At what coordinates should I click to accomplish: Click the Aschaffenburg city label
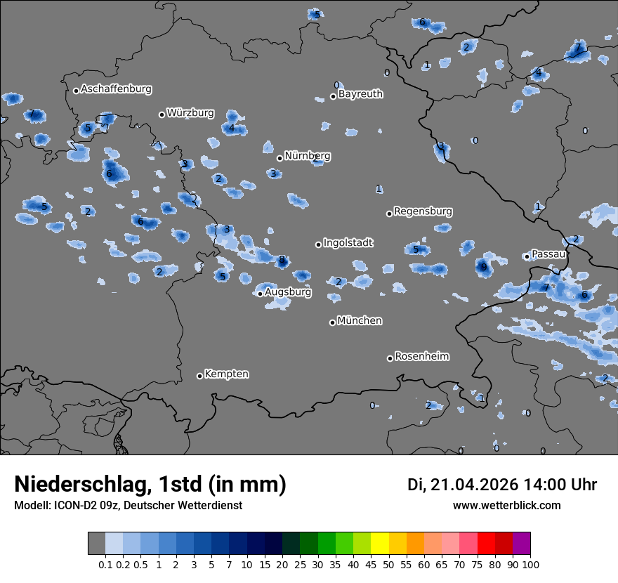pyautogui.click(x=116, y=89)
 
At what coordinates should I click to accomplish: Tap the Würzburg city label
pyautogui.click(x=190, y=112)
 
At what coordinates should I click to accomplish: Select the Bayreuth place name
pyautogui.click(x=360, y=93)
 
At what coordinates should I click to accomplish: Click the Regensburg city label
pyautogui.click(x=423, y=211)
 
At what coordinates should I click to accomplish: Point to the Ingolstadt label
pyautogui.click(x=348, y=243)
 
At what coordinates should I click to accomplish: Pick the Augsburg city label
pyautogui.click(x=287, y=291)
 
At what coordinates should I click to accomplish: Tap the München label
pyautogui.click(x=360, y=321)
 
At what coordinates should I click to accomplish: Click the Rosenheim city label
pyautogui.click(x=421, y=356)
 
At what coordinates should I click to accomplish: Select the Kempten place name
pyautogui.click(x=226, y=374)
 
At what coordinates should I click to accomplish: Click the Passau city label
pyautogui.click(x=548, y=254)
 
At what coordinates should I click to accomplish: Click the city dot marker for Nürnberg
pyautogui.click(x=280, y=158)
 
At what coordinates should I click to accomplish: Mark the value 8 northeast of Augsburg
pyautogui.click(x=282, y=260)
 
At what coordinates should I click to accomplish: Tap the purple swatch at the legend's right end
pyautogui.click(x=521, y=544)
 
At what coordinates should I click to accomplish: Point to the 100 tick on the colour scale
pyautogui.click(x=531, y=564)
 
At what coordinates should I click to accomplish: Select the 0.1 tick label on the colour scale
pyautogui.click(x=105, y=564)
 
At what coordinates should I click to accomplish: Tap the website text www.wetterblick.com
pyautogui.click(x=506, y=506)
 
